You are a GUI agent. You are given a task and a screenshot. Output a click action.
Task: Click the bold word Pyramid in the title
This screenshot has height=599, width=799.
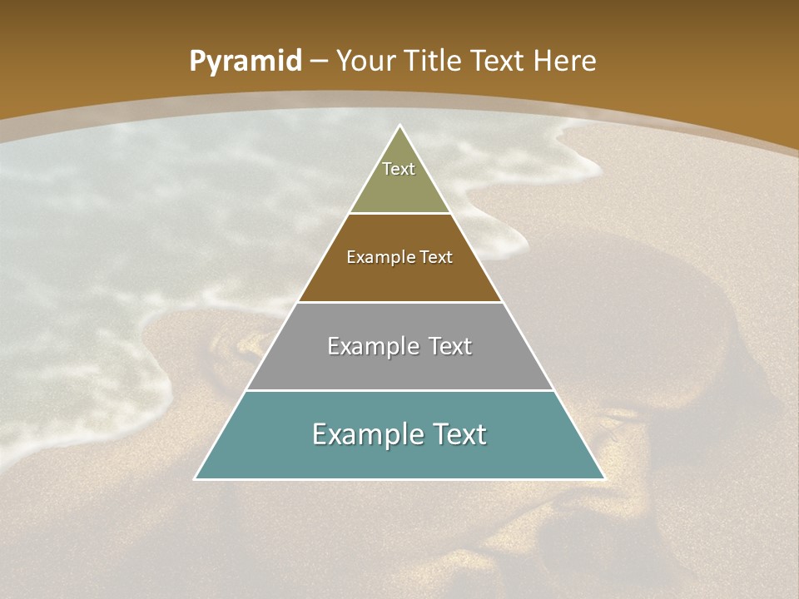pyautogui.click(x=246, y=62)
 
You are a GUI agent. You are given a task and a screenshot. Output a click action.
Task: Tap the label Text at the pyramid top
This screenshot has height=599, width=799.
pyautogui.click(x=399, y=169)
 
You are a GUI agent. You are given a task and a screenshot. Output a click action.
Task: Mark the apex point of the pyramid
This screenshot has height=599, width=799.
pyautogui.click(x=399, y=126)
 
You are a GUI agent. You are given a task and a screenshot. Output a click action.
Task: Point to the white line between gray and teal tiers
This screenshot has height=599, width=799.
pyautogui.click(x=399, y=390)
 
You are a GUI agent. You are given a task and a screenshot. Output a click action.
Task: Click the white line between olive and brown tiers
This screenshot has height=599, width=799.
pyautogui.click(x=399, y=214)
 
